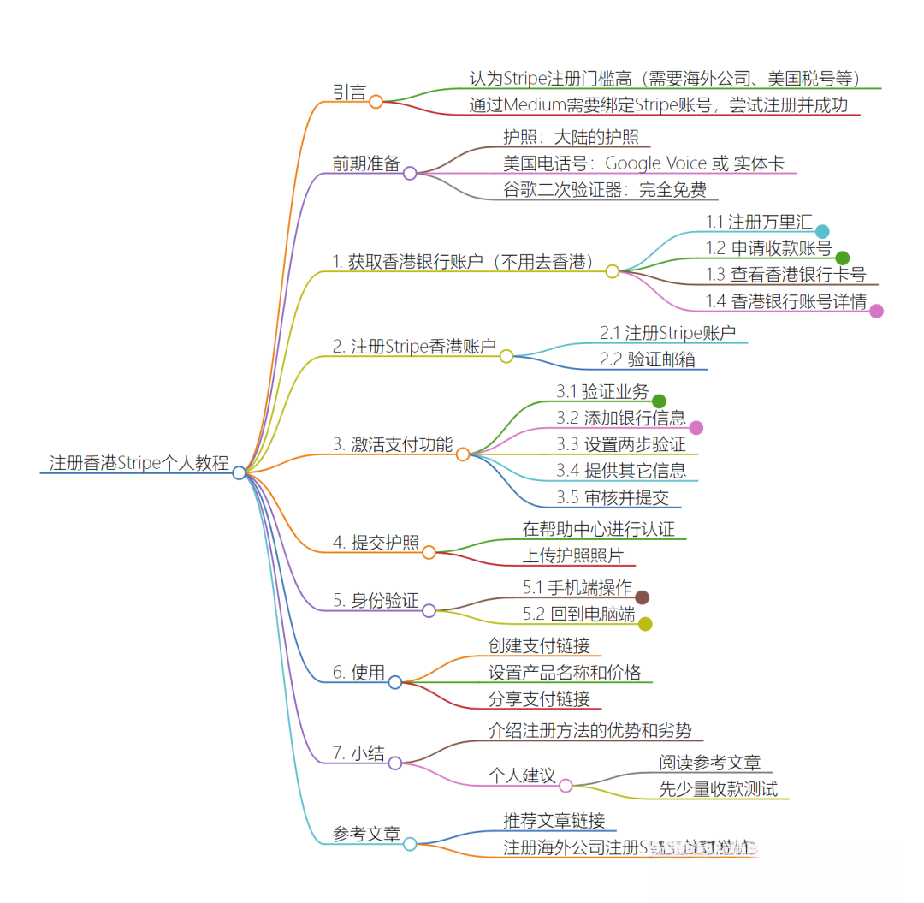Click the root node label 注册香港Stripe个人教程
click(139, 463)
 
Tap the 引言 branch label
click(349, 92)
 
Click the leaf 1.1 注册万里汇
click(758, 222)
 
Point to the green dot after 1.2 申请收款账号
click(842, 258)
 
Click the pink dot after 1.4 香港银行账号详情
click(876, 311)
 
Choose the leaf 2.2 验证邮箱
click(648, 359)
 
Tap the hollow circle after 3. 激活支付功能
click(463, 454)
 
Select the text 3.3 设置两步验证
click(621, 444)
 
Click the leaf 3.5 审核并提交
click(613, 497)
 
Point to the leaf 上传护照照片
click(573, 555)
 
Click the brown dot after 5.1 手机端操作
click(642, 597)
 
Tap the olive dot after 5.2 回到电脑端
click(645, 624)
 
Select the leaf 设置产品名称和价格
click(565, 673)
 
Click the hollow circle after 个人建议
click(566, 785)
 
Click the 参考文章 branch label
click(366, 834)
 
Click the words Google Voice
click(656, 163)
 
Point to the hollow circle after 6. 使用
click(395, 682)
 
